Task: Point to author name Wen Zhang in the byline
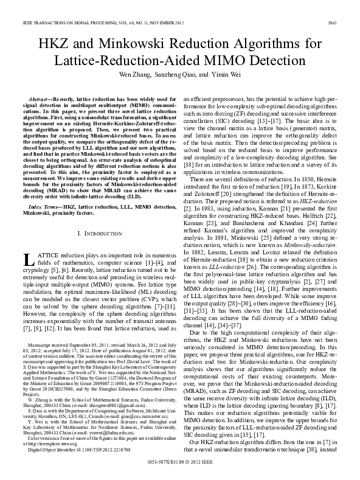[140, 76]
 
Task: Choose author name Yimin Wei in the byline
[225, 76]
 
